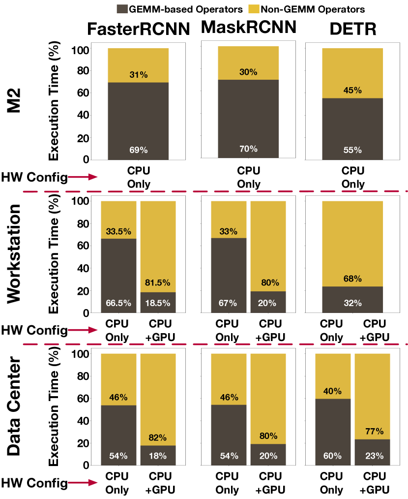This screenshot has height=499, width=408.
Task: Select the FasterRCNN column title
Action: [138, 30]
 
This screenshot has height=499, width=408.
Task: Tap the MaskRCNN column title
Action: [249, 29]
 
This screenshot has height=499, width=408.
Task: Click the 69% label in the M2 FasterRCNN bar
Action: [138, 150]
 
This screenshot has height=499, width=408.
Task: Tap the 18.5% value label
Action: [158, 303]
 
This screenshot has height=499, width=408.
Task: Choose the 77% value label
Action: [372, 432]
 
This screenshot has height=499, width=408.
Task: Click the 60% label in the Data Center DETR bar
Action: [332, 456]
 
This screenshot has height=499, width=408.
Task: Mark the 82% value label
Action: [158, 437]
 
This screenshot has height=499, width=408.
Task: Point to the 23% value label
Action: [372, 456]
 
